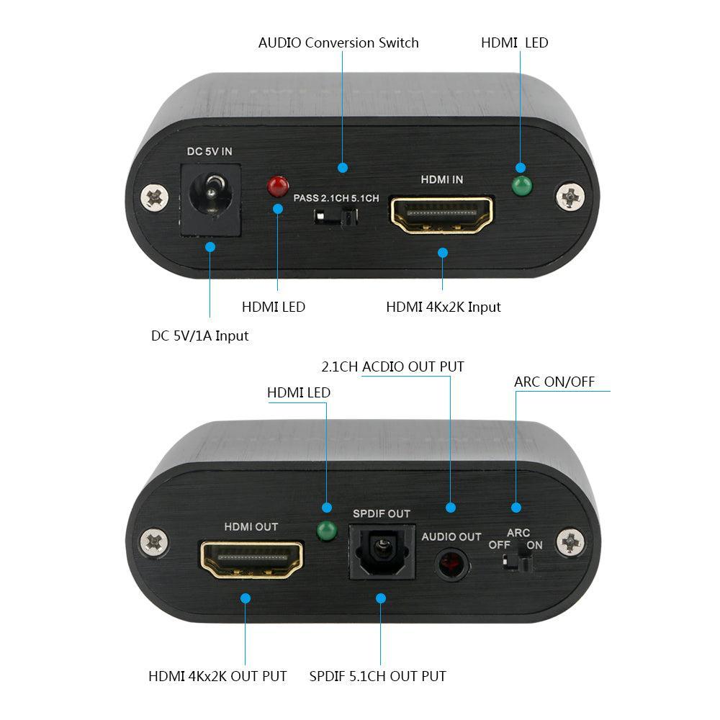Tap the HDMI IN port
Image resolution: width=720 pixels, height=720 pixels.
point(441,214)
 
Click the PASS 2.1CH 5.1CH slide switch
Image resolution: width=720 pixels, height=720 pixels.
point(337,217)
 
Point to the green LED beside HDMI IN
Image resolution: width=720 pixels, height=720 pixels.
point(521,186)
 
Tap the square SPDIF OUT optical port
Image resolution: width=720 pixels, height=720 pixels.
point(381,552)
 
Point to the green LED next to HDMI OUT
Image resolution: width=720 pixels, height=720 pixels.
point(327,531)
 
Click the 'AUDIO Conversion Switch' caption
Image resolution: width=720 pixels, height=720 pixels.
point(338,42)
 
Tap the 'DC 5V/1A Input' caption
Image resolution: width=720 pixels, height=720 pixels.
point(199,336)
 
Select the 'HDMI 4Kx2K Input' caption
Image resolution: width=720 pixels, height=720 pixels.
point(443,307)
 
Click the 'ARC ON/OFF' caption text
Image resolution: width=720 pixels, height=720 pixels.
point(554,382)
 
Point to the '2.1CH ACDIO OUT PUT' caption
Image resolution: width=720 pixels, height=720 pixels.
point(392,366)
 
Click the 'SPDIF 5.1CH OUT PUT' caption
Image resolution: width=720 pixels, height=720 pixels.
point(377,676)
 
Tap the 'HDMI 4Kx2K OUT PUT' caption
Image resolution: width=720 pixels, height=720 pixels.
point(217,676)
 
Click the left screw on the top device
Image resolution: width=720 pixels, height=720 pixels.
point(153,196)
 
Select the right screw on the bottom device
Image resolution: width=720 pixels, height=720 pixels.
point(571,541)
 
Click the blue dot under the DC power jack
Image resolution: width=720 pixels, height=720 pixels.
point(210,247)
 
